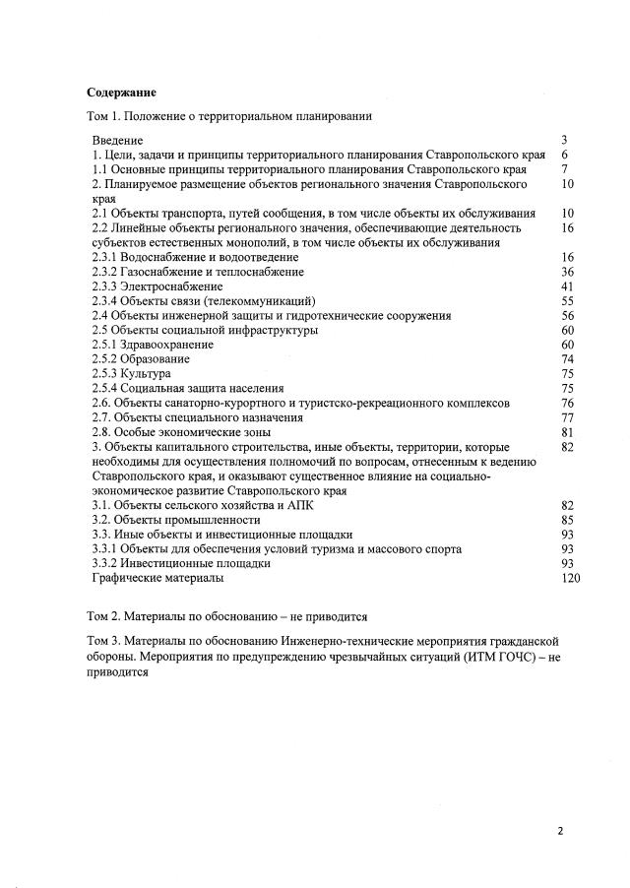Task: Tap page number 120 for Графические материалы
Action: (x=570, y=578)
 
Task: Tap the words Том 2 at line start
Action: (x=103, y=616)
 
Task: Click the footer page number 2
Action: (x=561, y=831)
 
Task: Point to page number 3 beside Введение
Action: (x=564, y=141)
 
